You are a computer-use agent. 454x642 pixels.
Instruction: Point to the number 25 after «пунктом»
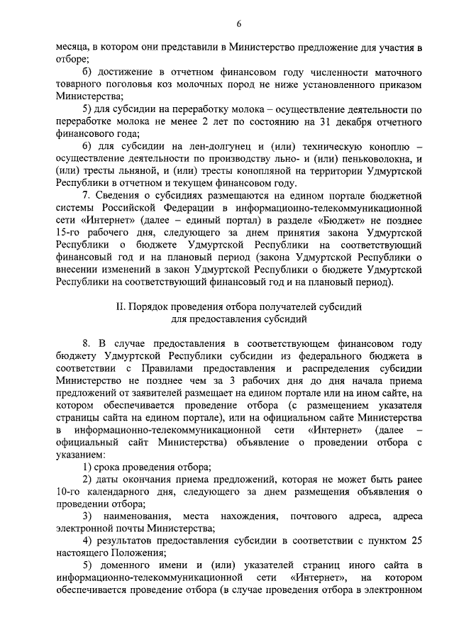[x=417, y=541]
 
